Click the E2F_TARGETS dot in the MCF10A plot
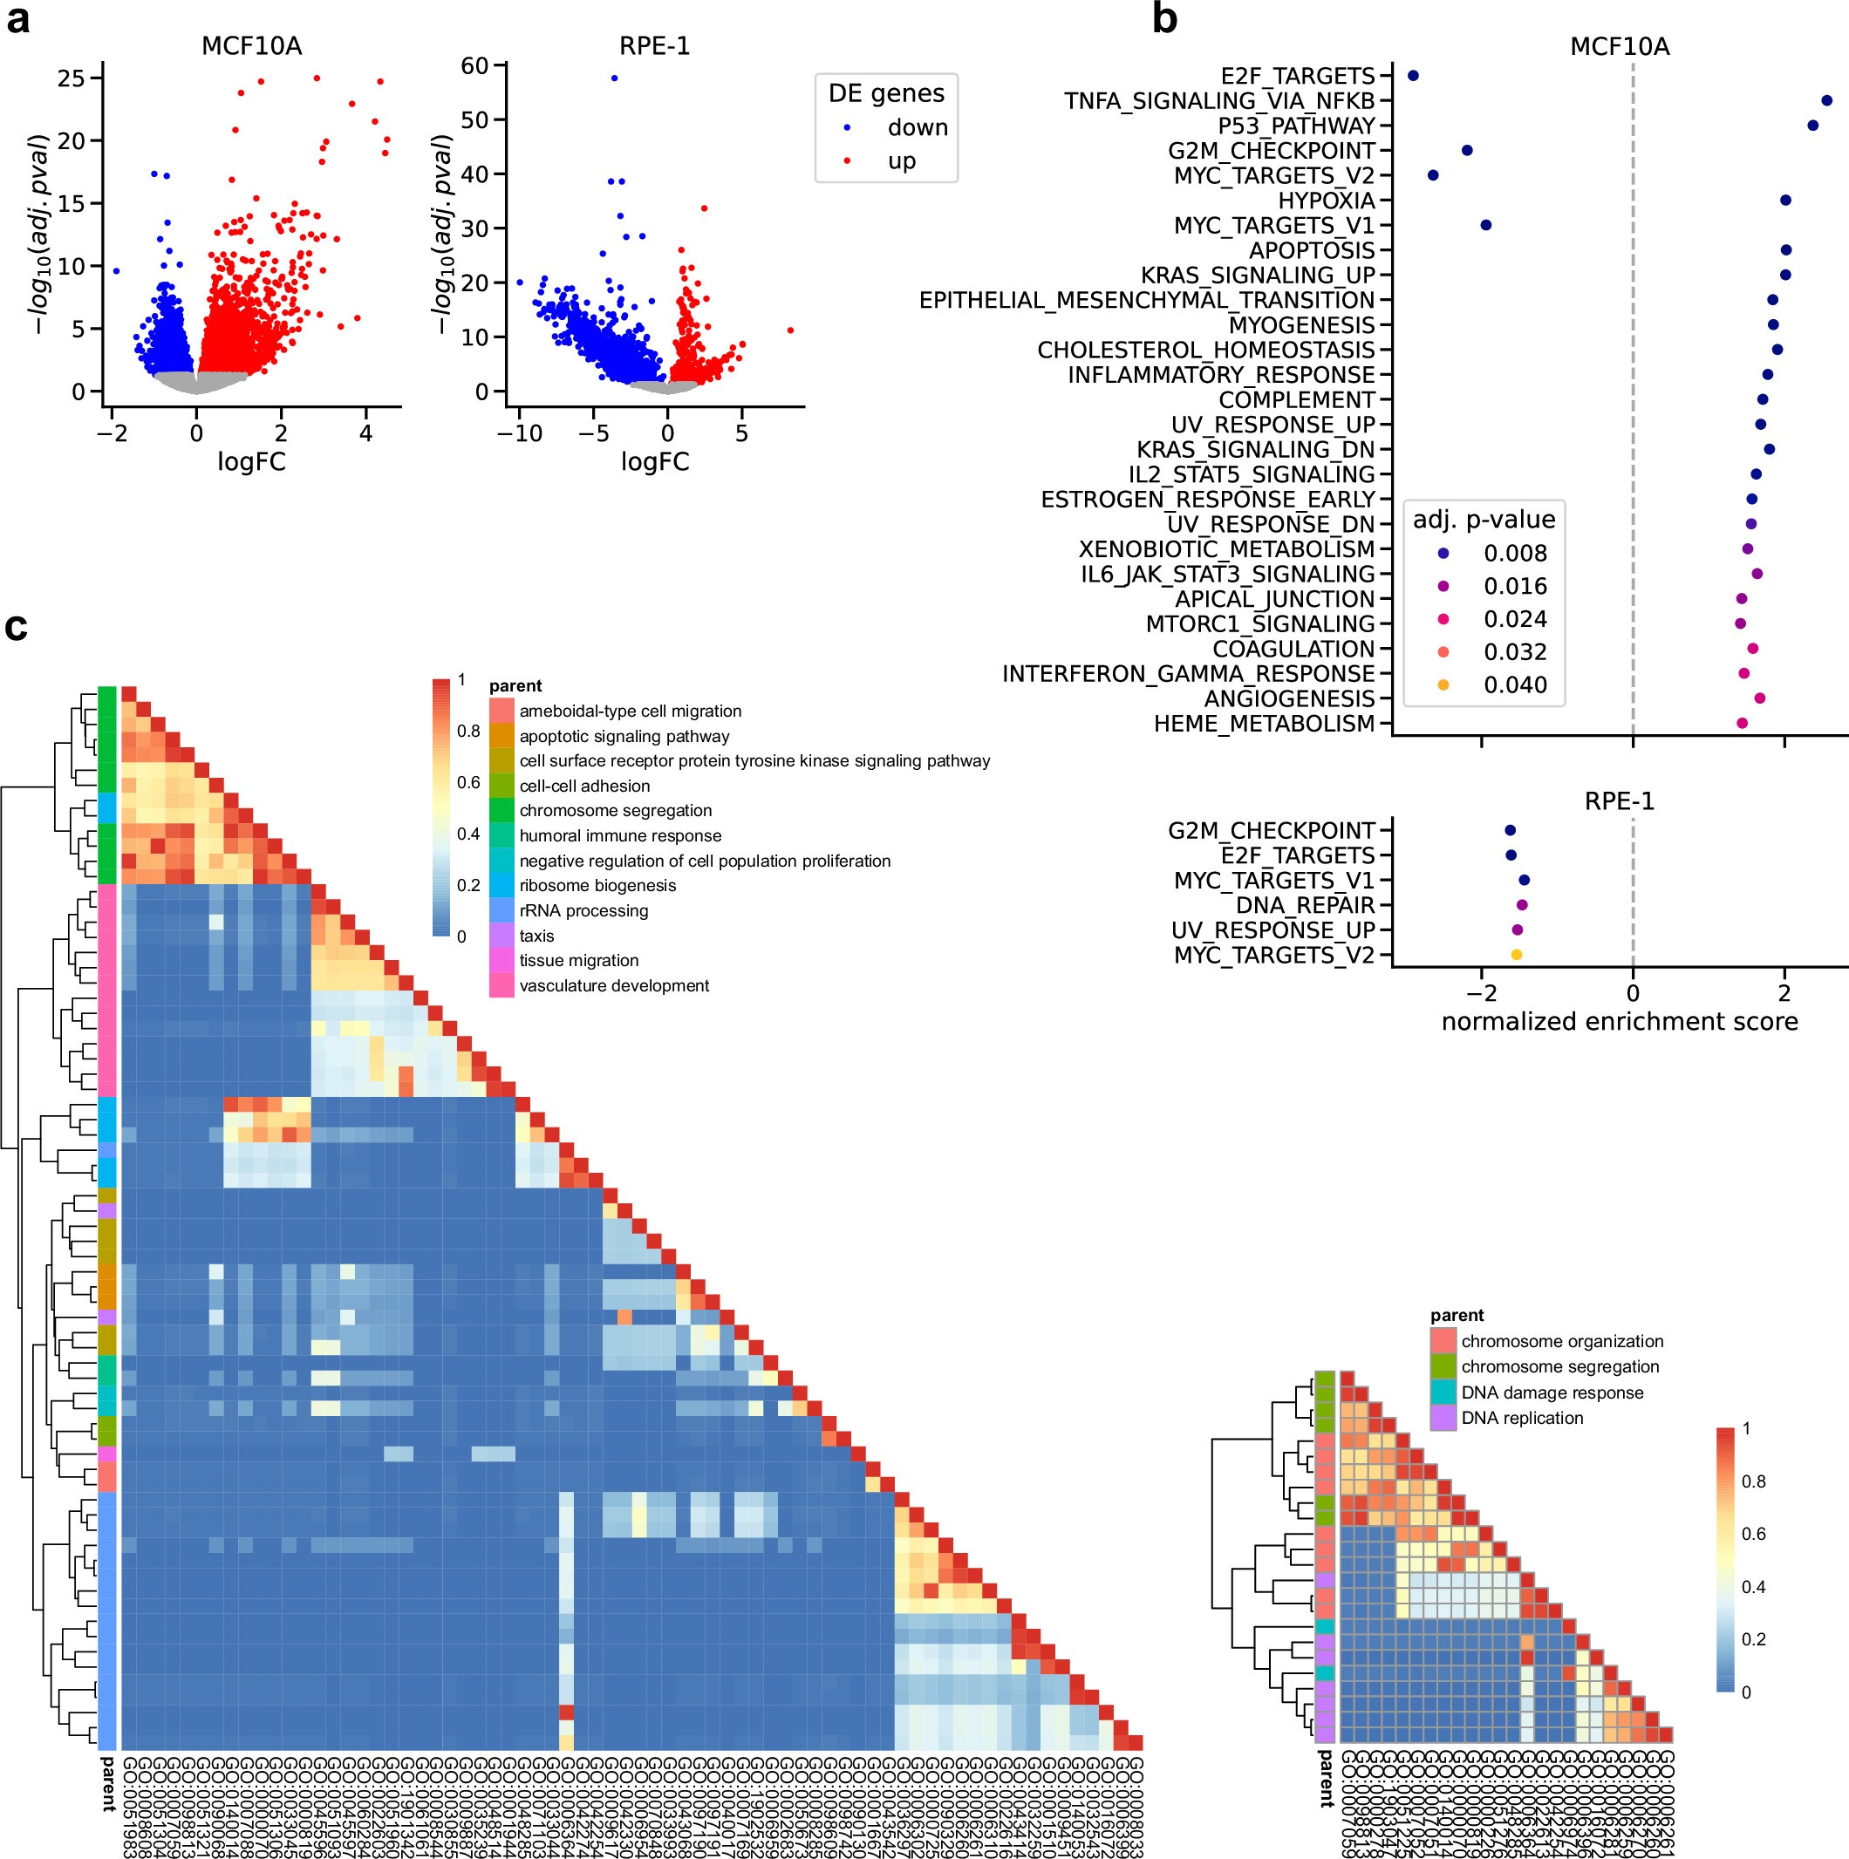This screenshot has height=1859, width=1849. tap(1413, 75)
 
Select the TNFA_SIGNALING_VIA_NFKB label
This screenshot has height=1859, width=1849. tap(1219, 101)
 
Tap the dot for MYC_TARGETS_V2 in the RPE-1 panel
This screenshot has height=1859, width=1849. tap(1516, 955)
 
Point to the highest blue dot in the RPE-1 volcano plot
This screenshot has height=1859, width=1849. tap(614, 78)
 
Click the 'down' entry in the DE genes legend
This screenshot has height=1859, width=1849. tap(917, 128)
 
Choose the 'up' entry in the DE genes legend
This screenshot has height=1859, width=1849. tap(901, 160)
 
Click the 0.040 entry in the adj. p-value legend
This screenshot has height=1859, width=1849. tap(1514, 685)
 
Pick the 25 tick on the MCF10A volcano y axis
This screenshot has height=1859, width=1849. tap(72, 78)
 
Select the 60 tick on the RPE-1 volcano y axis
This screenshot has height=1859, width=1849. tap(475, 65)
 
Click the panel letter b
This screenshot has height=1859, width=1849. tap(1164, 19)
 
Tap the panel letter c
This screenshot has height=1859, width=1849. tap(17, 627)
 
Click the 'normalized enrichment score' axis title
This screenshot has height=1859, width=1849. tap(1619, 1022)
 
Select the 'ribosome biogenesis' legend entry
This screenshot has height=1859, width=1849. tap(597, 885)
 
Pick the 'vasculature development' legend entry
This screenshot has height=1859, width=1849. tap(613, 985)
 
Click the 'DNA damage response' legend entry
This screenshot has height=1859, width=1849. tap(1552, 1393)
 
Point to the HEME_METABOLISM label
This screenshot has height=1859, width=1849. tap(1264, 724)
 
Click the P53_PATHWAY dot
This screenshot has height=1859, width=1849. tap(1812, 125)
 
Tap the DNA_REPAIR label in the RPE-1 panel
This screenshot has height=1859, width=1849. tap(1304, 905)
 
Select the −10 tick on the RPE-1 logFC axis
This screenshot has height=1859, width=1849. tap(519, 434)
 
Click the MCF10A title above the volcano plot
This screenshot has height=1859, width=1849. tap(251, 46)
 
